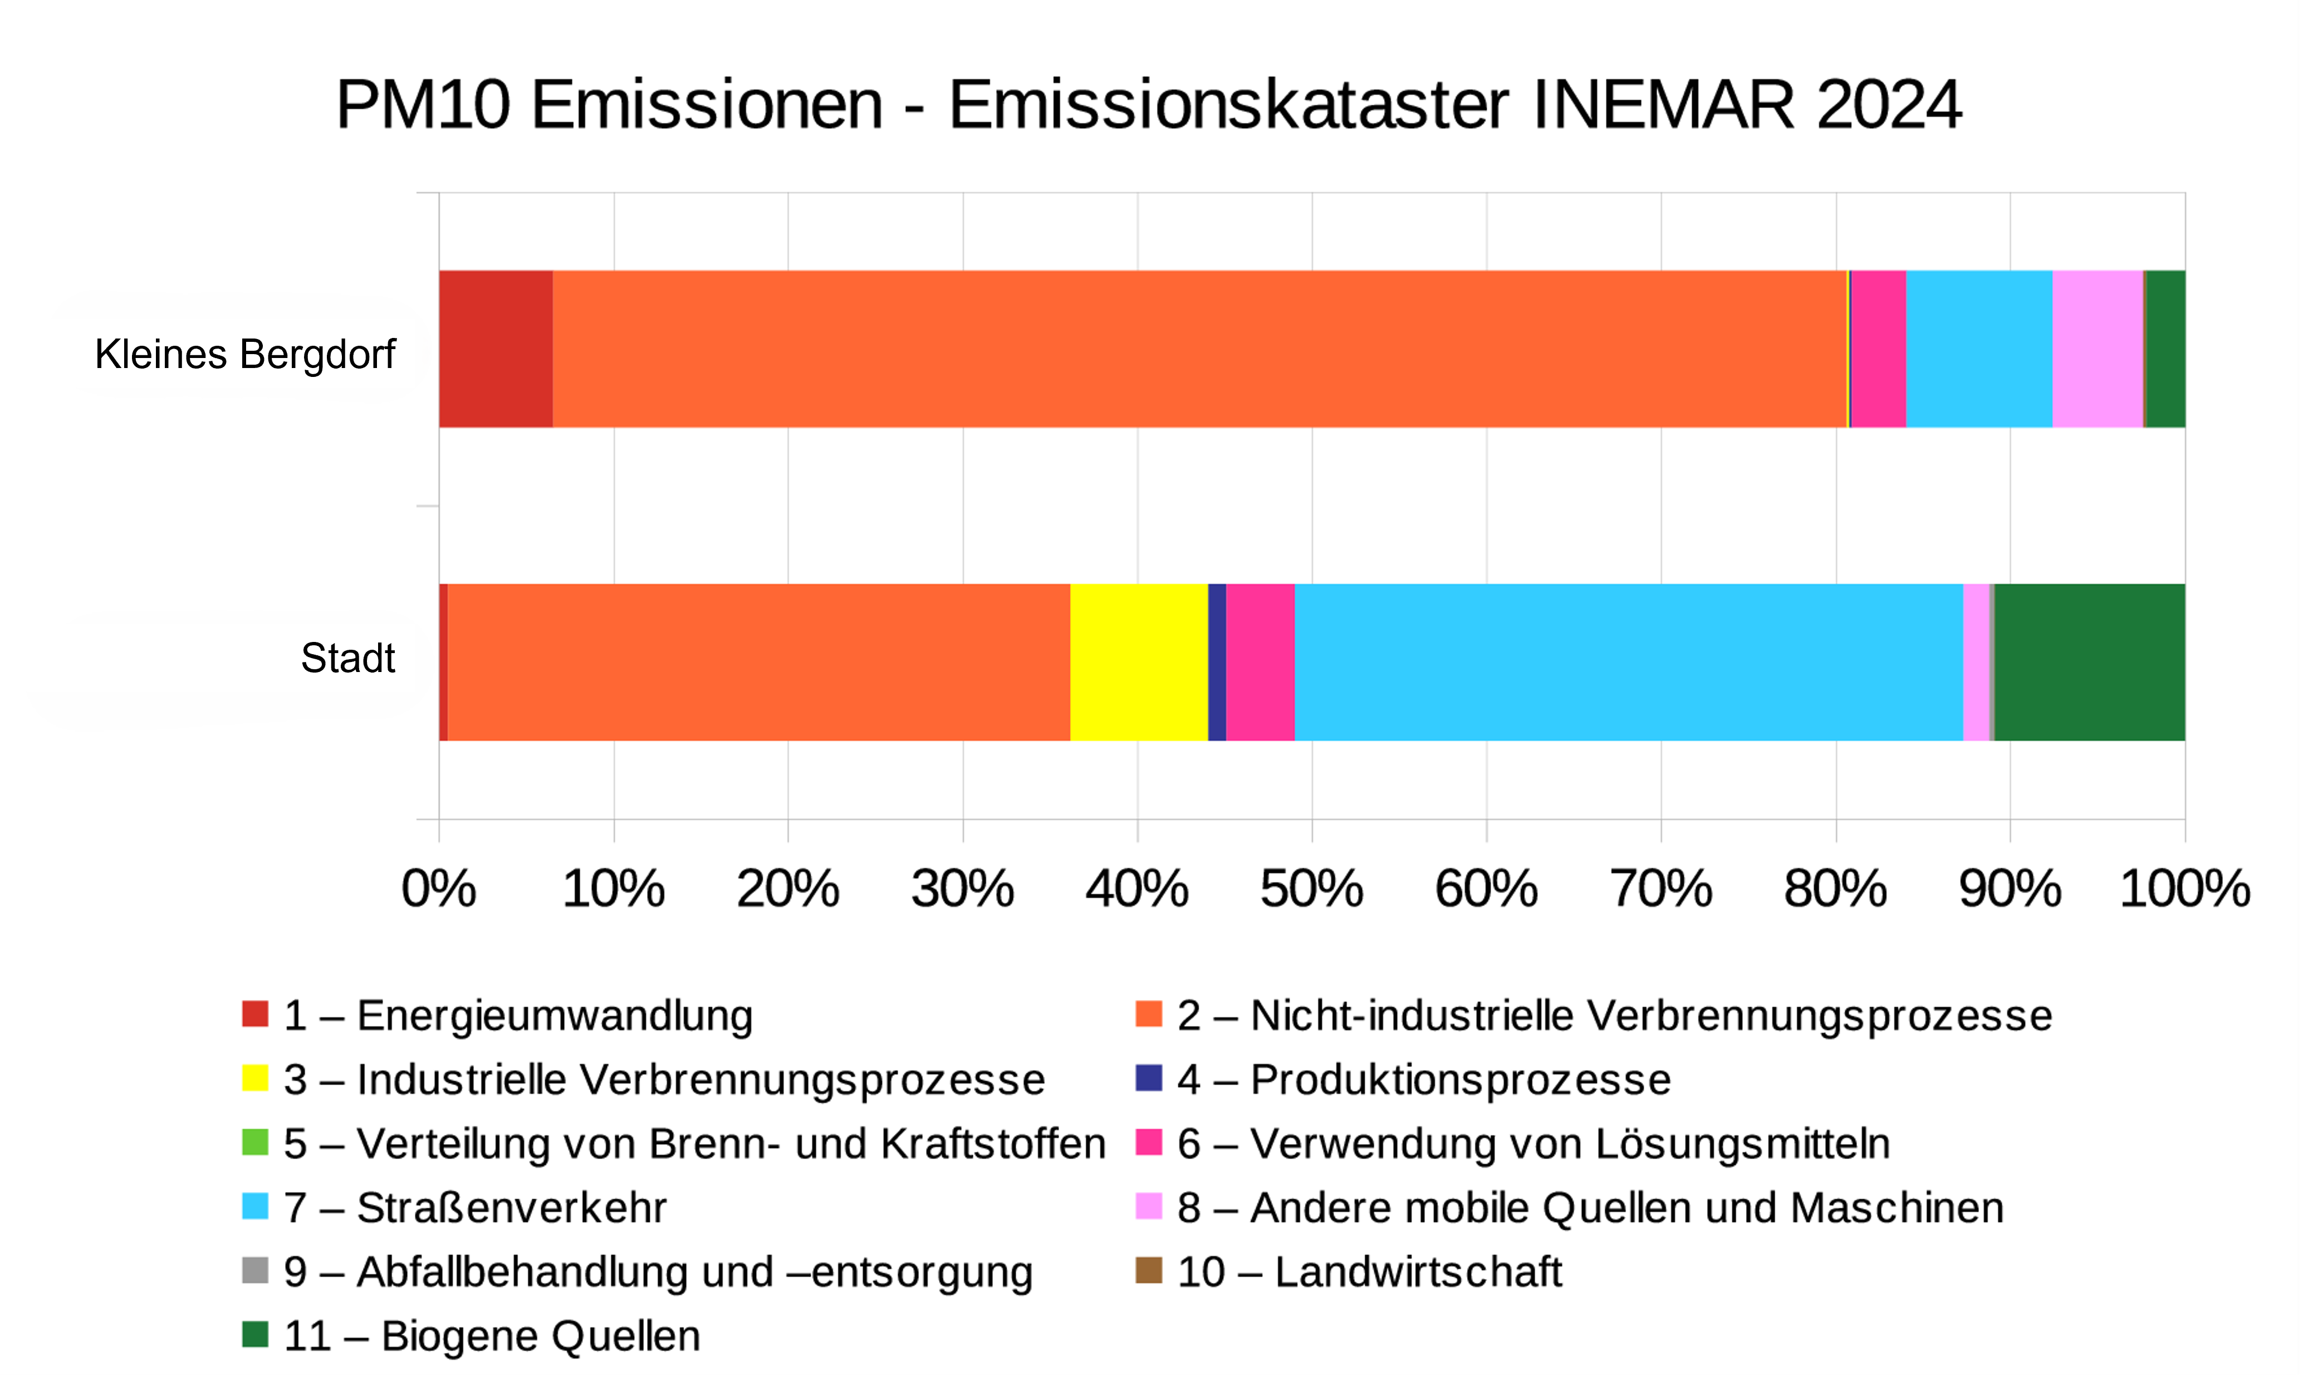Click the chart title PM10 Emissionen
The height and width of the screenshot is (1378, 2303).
pyautogui.click(x=1148, y=104)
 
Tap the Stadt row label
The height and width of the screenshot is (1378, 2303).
pyautogui.click(x=347, y=658)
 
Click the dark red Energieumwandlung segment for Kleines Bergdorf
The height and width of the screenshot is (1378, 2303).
pyautogui.click(x=495, y=349)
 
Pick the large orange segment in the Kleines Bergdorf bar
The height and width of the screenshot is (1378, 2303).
pyautogui.click(x=1198, y=349)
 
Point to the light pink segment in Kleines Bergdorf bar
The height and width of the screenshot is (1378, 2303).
pyautogui.click(x=2097, y=349)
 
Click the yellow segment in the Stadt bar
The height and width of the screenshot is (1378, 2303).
pyautogui.click(x=1139, y=662)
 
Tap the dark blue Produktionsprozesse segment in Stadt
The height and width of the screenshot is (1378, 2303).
pyautogui.click(x=1217, y=662)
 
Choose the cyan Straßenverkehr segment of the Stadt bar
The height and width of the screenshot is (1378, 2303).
pyautogui.click(x=1628, y=662)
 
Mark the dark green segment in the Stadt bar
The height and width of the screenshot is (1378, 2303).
pyautogui.click(x=2089, y=662)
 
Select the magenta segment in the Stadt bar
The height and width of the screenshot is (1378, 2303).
pyautogui.click(x=1260, y=662)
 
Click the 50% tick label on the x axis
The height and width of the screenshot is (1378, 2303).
pyautogui.click(x=1311, y=889)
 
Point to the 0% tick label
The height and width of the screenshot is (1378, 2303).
pyautogui.click(x=438, y=889)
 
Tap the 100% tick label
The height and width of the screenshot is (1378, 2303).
pyautogui.click(x=2184, y=889)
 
